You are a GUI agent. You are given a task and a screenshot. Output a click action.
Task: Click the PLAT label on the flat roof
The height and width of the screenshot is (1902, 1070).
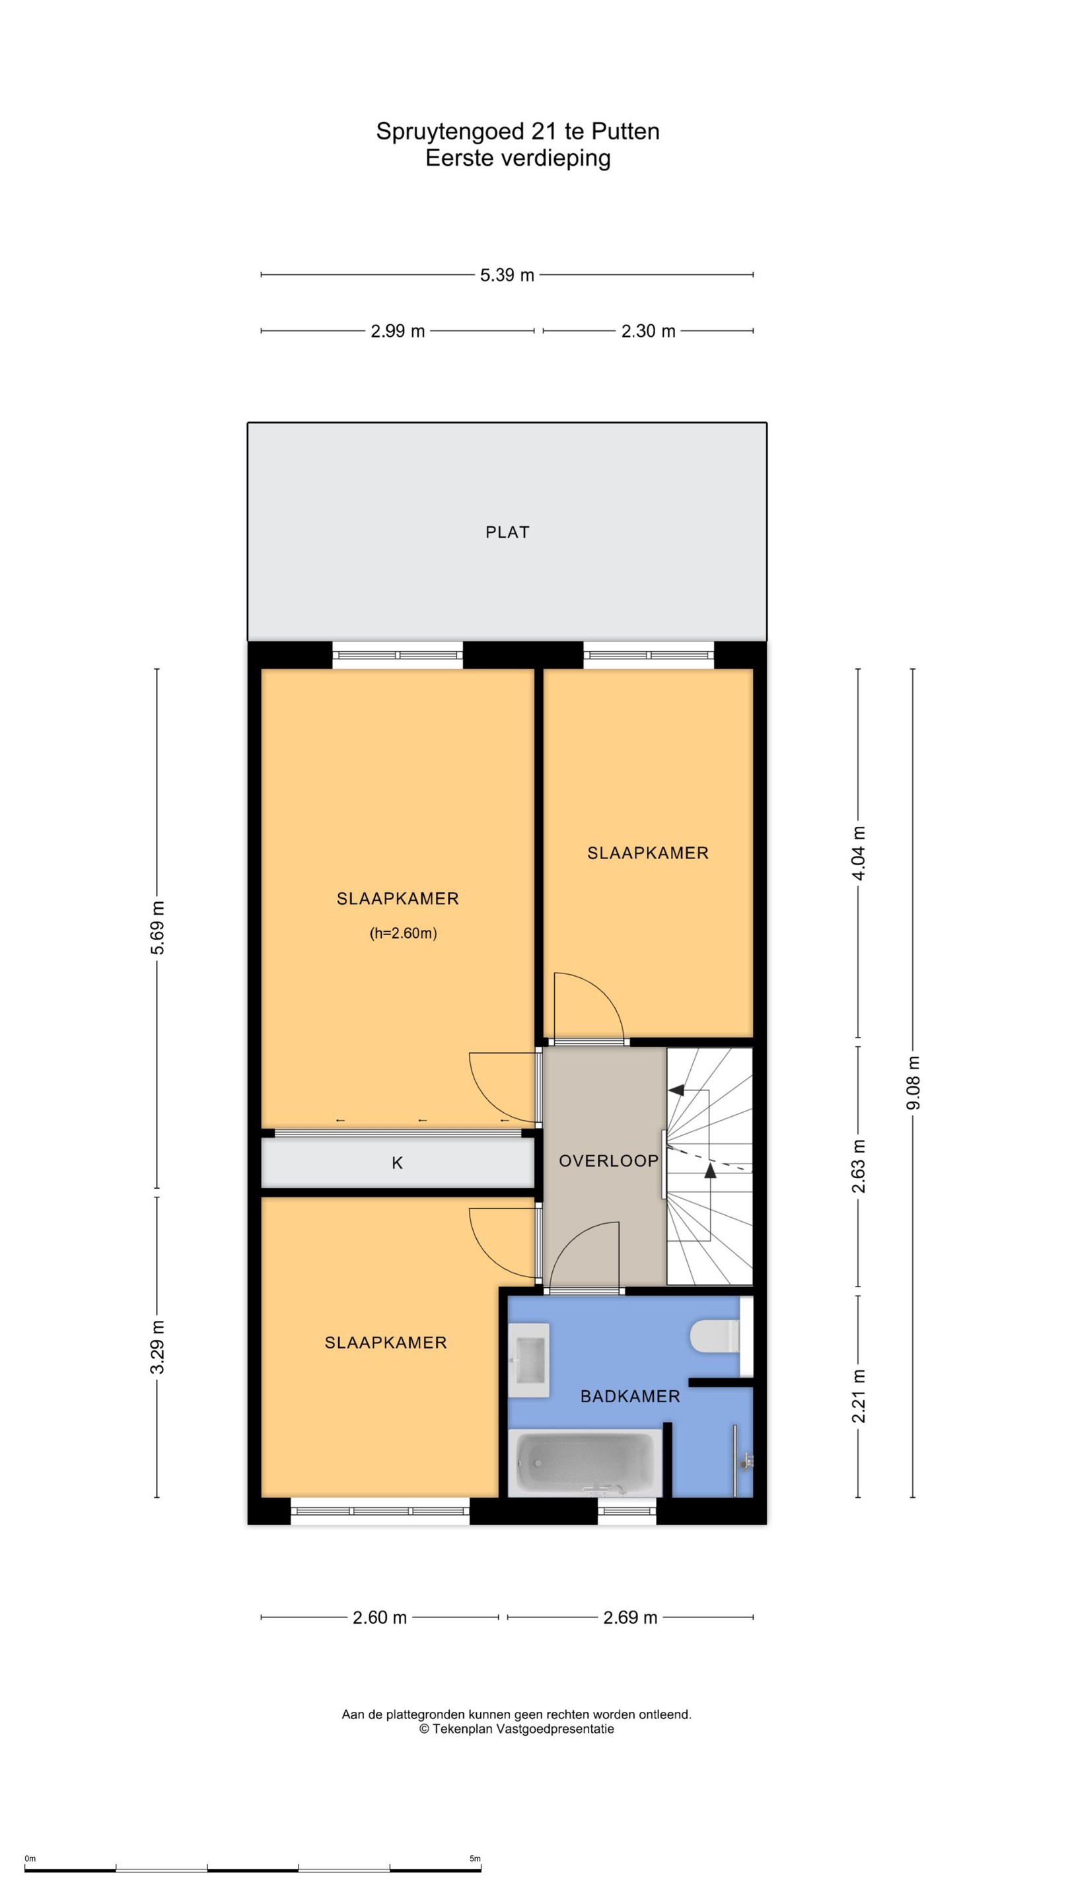pyautogui.click(x=507, y=532)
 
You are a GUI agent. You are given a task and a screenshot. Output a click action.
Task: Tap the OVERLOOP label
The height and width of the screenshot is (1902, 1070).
pyautogui.click(x=608, y=1161)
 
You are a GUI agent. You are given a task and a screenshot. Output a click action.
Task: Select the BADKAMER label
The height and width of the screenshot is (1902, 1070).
pyautogui.click(x=630, y=1396)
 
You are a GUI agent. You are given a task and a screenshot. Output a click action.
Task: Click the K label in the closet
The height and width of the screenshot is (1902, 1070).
pyautogui.click(x=397, y=1163)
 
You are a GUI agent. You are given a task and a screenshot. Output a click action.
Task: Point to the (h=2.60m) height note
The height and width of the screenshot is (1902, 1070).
pyautogui.click(x=403, y=933)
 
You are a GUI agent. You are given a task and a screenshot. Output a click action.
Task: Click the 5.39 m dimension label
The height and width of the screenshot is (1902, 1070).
pyautogui.click(x=507, y=275)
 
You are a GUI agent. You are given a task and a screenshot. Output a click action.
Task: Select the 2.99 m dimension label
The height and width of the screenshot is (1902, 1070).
pyautogui.click(x=397, y=331)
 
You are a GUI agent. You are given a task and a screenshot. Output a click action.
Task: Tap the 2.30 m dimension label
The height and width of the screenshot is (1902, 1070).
pyautogui.click(x=649, y=331)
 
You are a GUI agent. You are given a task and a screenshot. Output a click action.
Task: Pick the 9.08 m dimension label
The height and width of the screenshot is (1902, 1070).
pyautogui.click(x=913, y=1082)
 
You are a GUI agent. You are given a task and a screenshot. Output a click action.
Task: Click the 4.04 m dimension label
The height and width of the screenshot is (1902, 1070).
pyautogui.click(x=858, y=853)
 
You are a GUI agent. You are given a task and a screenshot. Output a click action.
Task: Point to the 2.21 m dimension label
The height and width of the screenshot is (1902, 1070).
pyautogui.click(x=858, y=1395)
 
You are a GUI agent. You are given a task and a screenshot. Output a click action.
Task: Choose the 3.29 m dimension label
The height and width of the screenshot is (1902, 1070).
pyautogui.click(x=157, y=1347)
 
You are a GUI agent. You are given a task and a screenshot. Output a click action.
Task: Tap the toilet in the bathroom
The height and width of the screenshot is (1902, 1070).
pyautogui.click(x=715, y=1335)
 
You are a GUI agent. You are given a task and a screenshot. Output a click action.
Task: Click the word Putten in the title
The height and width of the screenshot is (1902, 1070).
pyautogui.click(x=625, y=131)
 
